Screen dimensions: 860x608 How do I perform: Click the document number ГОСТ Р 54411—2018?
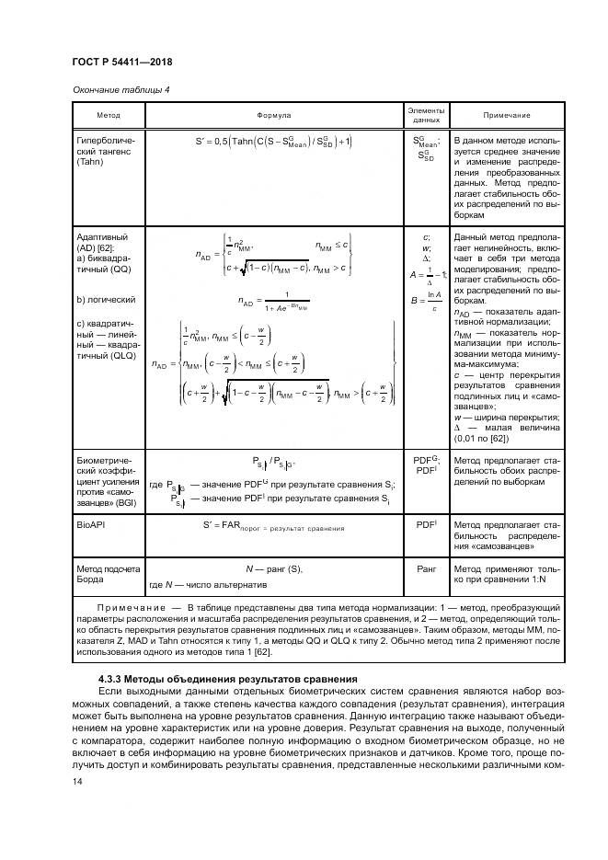(121, 62)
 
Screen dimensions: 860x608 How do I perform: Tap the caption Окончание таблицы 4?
(121, 89)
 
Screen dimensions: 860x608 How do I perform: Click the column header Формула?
(274, 116)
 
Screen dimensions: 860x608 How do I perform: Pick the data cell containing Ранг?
(426, 569)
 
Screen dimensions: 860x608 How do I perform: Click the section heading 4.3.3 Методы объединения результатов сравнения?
(214, 678)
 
